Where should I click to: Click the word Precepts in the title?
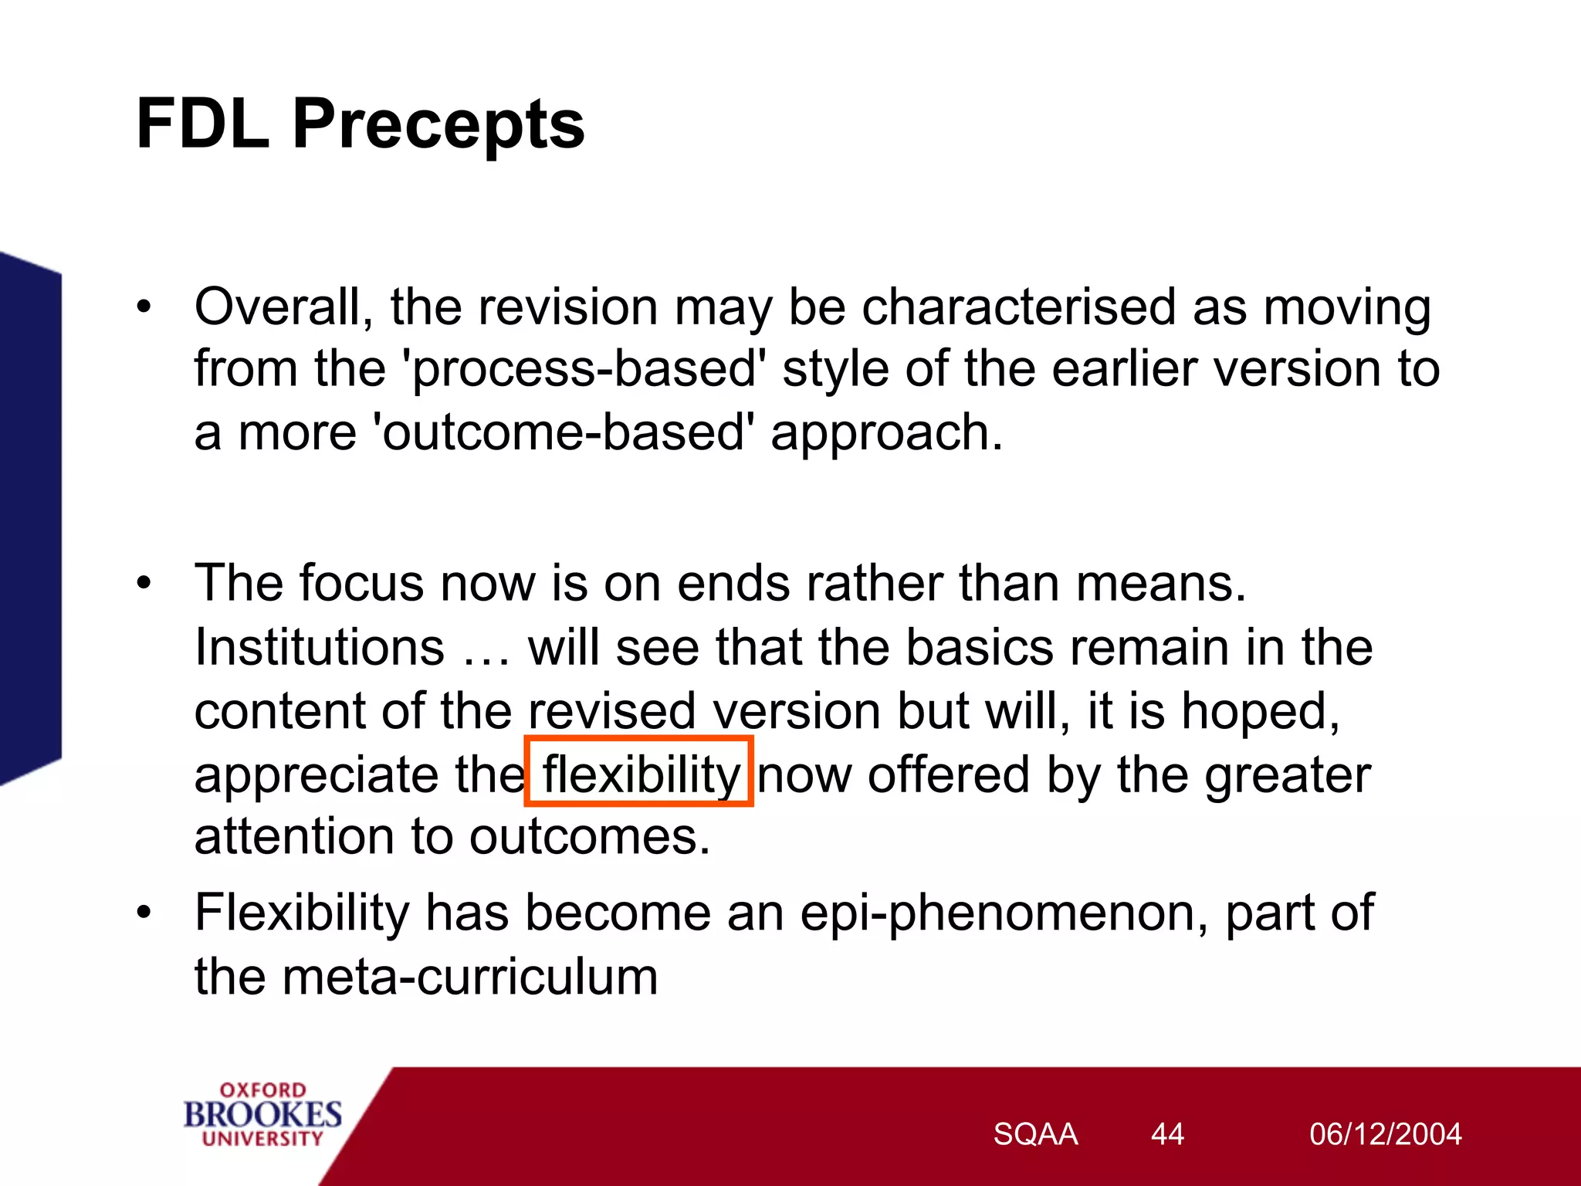pos(438,126)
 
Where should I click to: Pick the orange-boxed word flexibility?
pos(640,774)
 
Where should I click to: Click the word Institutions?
pos(319,647)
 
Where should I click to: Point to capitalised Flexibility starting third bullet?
pos(302,913)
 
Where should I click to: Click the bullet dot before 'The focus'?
pos(144,585)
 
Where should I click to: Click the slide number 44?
pos(1166,1134)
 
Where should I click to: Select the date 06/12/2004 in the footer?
pos(1385,1134)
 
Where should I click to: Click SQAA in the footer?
pos(1034,1134)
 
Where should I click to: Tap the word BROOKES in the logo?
pos(262,1114)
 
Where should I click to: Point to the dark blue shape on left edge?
pos(29,517)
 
